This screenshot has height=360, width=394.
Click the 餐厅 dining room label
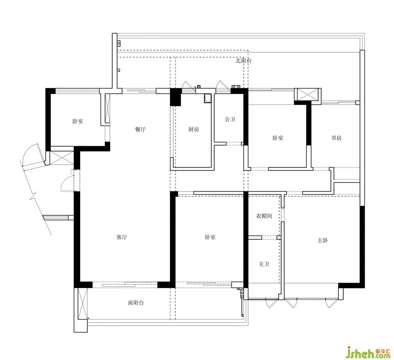click(x=140, y=130)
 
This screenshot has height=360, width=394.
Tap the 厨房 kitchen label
click(x=194, y=130)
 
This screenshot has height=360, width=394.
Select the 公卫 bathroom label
click(x=230, y=119)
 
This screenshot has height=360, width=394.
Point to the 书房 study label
click(x=336, y=138)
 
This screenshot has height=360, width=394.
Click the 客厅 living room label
click(x=122, y=237)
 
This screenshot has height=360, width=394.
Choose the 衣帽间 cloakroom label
click(x=264, y=216)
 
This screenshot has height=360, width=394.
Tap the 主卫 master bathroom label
click(x=264, y=264)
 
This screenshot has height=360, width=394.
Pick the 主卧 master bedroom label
click(x=323, y=240)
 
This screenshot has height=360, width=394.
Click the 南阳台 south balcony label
click(x=136, y=303)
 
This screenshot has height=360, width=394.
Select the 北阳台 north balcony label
click(x=243, y=61)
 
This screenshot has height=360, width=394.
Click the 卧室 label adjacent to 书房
click(x=278, y=138)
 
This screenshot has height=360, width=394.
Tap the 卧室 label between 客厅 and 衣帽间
click(x=210, y=237)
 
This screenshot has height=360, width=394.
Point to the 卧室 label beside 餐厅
click(x=78, y=121)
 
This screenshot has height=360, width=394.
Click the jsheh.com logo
click(x=368, y=352)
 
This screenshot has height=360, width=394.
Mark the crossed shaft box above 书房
click(x=308, y=95)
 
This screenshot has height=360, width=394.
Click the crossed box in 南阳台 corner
click(x=82, y=303)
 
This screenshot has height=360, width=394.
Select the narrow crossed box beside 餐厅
click(x=107, y=108)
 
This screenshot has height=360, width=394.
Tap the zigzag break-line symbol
click(x=33, y=195)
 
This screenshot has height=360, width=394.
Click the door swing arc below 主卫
click(x=270, y=303)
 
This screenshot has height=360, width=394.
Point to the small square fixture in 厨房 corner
click(x=208, y=98)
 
